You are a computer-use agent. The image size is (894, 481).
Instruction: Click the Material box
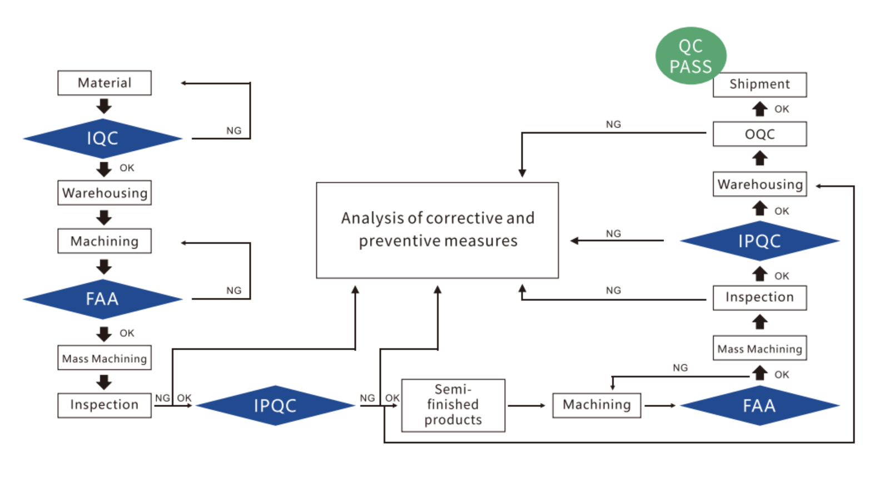(x=105, y=83)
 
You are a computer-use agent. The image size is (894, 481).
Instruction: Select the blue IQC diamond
(x=103, y=138)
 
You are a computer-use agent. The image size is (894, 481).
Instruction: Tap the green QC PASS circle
(x=691, y=56)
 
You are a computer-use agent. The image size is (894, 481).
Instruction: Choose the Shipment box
(x=759, y=85)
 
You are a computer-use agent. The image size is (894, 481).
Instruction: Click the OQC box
(x=759, y=134)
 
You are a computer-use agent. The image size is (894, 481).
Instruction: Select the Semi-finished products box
(x=453, y=405)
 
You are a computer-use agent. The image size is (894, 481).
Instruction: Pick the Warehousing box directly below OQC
(x=759, y=184)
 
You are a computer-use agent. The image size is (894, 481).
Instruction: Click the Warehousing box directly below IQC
(x=105, y=193)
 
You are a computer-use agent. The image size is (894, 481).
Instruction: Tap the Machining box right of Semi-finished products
(x=597, y=405)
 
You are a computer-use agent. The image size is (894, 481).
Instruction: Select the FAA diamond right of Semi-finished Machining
(x=759, y=406)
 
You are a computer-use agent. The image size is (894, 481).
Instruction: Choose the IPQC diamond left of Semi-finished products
(x=275, y=406)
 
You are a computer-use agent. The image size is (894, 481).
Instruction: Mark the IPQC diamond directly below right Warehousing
(x=759, y=241)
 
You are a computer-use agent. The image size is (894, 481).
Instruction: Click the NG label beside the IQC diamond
(x=234, y=131)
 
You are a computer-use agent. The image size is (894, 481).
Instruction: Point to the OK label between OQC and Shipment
(x=782, y=109)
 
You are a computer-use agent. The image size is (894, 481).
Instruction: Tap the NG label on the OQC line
(x=613, y=124)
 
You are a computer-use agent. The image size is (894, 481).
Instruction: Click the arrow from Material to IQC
(x=104, y=106)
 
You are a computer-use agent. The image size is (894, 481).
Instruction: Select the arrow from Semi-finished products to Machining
(x=527, y=406)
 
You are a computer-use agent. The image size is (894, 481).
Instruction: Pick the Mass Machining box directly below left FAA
(x=105, y=359)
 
